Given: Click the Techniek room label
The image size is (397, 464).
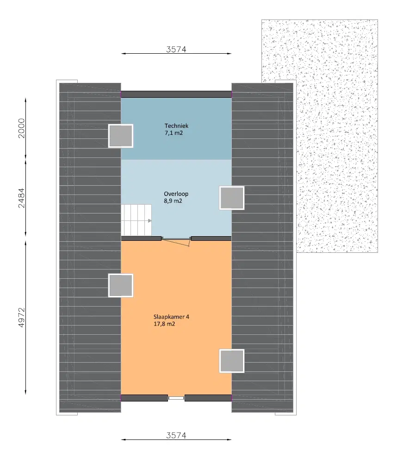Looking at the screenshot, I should tap(176, 125).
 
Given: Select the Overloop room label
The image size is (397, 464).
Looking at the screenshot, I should tap(175, 194).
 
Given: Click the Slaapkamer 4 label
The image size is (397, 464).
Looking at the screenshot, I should tap(171, 317).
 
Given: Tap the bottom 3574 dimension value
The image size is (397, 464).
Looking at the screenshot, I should tap(176, 435).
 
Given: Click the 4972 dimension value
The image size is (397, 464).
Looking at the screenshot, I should tap(21, 317).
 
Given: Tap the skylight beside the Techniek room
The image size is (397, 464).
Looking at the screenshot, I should tap(121, 136).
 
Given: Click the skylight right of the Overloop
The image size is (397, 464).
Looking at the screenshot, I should tap(231, 198).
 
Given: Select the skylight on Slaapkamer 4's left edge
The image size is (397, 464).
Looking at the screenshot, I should tap(121, 285).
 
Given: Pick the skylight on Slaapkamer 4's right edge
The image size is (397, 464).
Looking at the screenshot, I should tap(231, 361).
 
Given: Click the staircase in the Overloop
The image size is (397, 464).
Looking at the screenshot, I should tap(137, 220).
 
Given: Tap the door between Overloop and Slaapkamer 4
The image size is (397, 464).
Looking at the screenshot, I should tap(176, 239).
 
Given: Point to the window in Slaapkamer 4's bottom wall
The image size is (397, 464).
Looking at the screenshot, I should tap(176, 398).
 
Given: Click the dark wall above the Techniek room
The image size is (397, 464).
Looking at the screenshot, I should tap(176, 94).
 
